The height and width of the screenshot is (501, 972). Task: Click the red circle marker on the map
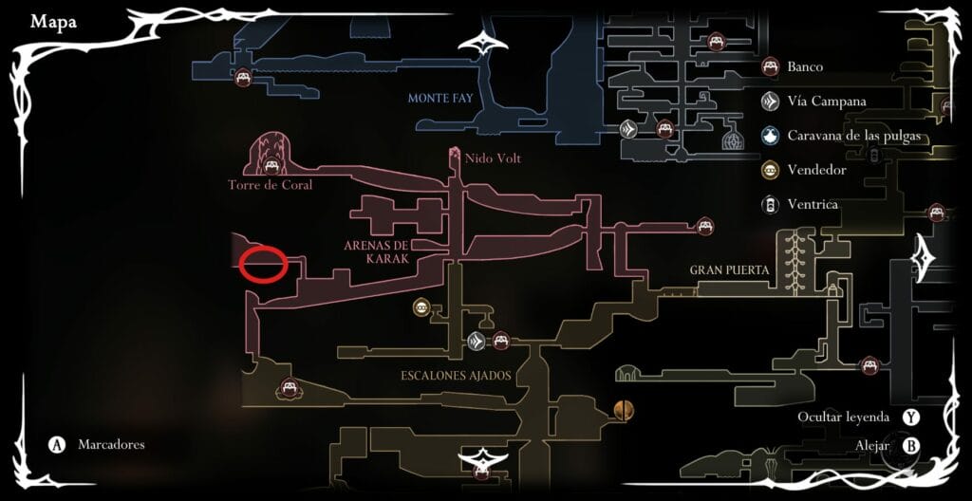point(263,264)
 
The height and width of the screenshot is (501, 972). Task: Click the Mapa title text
point(53,22)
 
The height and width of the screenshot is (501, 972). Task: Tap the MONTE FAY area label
point(439,98)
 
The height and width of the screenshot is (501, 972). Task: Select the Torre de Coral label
point(271,185)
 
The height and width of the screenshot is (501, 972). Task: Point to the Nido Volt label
point(492,158)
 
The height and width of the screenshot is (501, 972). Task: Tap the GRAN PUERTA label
point(729,270)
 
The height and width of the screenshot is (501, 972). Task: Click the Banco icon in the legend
point(771,67)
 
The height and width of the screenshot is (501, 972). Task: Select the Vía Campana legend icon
point(771,102)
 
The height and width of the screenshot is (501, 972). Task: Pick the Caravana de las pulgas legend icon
point(771,136)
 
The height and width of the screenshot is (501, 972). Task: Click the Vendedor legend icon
point(771,170)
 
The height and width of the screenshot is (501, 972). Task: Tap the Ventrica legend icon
point(771,204)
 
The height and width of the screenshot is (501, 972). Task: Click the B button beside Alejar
point(911,445)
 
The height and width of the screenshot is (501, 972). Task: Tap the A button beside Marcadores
point(58,445)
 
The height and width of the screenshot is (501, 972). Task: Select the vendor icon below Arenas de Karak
point(421,306)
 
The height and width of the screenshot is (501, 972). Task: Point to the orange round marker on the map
point(624,410)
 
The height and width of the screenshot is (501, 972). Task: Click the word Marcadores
point(111,444)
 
